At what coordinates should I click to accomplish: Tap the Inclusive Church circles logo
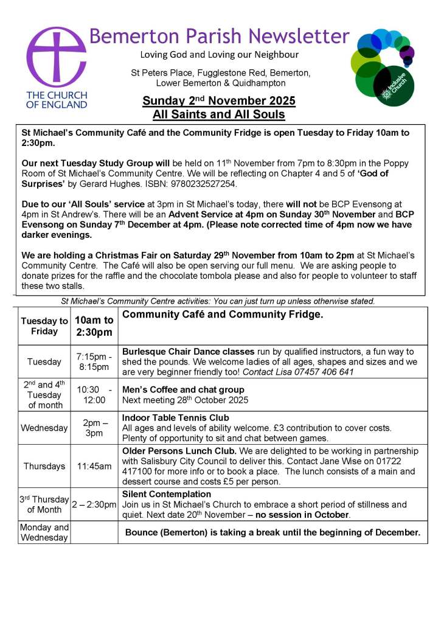[x=383, y=68]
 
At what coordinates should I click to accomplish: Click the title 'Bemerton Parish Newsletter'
[x=219, y=36]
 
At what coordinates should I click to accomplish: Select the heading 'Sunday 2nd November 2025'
[x=219, y=101]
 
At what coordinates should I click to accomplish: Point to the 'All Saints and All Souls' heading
[x=219, y=114]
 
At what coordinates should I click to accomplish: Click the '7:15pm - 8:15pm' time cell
[x=94, y=361]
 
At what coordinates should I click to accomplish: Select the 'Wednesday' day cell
[x=44, y=428]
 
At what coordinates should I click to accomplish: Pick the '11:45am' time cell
[x=94, y=466]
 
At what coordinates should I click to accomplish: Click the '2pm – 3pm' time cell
[x=94, y=428]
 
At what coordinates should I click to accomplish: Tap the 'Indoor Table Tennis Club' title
[x=176, y=417]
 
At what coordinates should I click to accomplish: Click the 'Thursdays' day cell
[x=44, y=466]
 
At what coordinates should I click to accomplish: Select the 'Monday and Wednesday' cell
[x=44, y=532]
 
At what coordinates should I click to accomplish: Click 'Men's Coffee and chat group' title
[x=183, y=389]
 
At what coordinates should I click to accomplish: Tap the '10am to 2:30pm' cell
[x=94, y=326]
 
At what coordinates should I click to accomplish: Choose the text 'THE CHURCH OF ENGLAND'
[x=57, y=100]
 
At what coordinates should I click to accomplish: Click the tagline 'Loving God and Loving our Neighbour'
[x=220, y=55]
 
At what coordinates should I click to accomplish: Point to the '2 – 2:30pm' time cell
[x=94, y=504]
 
